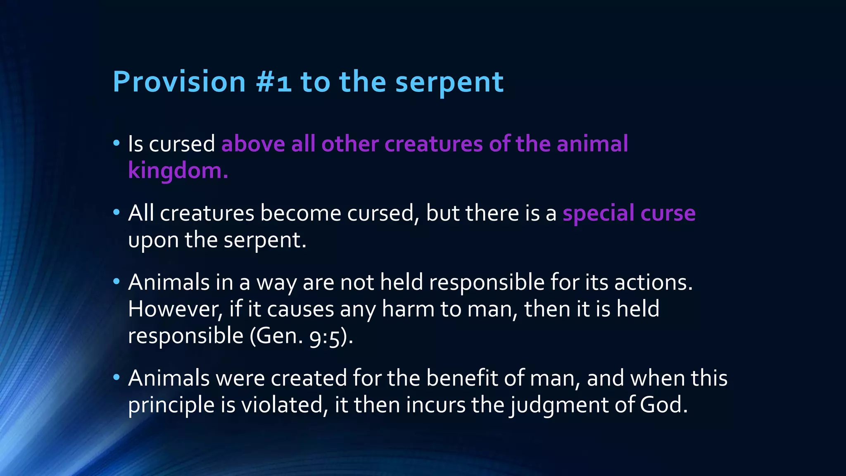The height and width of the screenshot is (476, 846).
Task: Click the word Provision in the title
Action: point(179,82)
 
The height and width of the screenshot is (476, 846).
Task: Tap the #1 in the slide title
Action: point(273,82)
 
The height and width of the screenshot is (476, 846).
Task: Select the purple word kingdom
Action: point(178,171)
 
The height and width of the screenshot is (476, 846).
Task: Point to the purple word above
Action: point(253,144)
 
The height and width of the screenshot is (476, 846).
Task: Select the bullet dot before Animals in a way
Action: point(116,282)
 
